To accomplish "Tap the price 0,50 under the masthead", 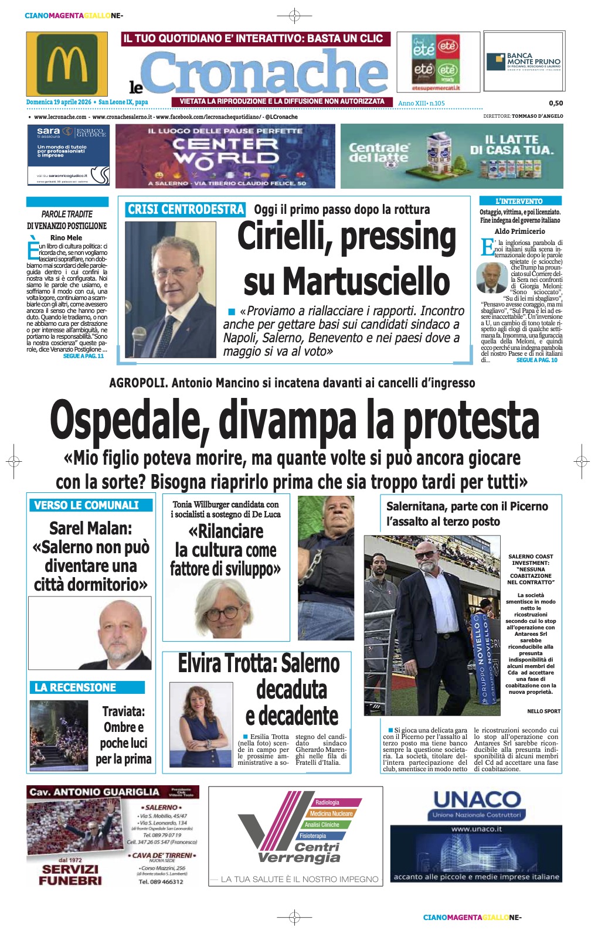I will (x=555, y=103).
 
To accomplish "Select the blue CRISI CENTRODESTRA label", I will (x=185, y=210).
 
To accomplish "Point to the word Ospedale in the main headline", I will (x=130, y=420).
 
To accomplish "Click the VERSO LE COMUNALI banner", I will (x=87, y=505).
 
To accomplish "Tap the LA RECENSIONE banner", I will (x=76, y=687).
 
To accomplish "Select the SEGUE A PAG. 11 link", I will (x=83, y=356).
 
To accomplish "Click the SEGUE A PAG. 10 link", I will (x=536, y=360).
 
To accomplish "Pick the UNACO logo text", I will (x=477, y=799).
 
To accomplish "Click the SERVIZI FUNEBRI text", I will (x=70, y=874).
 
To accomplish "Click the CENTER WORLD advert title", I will (x=226, y=151).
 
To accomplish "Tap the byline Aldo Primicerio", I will (x=519, y=231).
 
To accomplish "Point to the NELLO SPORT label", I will (x=543, y=711).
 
